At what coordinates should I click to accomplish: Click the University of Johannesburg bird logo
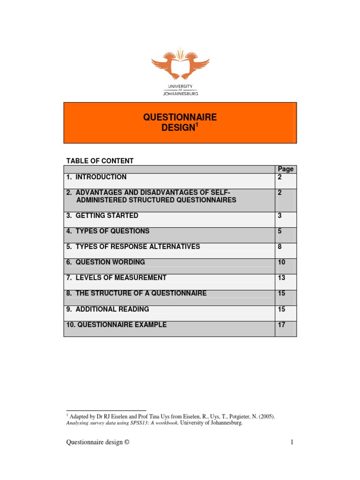(x=180, y=66)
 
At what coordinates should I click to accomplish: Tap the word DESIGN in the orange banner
(x=178, y=128)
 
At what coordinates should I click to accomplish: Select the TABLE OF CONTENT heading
(x=100, y=161)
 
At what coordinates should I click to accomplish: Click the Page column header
(x=285, y=169)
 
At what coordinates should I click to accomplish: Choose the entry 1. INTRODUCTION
(x=96, y=177)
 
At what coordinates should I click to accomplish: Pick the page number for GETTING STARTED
(x=280, y=216)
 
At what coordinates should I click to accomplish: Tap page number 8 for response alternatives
(x=280, y=247)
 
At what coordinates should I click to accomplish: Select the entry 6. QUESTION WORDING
(x=105, y=262)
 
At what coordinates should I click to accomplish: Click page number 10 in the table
(x=281, y=262)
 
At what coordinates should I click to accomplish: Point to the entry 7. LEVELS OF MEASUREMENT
(x=116, y=277)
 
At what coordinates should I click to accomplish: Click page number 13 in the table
(x=281, y=277)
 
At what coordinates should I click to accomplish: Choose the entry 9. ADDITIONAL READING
(x=107, y=309)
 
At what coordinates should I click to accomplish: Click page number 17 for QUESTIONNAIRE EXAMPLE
(x=281, y=324)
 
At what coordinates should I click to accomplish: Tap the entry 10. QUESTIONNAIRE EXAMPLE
(x=116, y=324)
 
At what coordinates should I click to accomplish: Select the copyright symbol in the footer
(x=126, y=442)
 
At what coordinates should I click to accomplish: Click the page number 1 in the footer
(x=291, y=442)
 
